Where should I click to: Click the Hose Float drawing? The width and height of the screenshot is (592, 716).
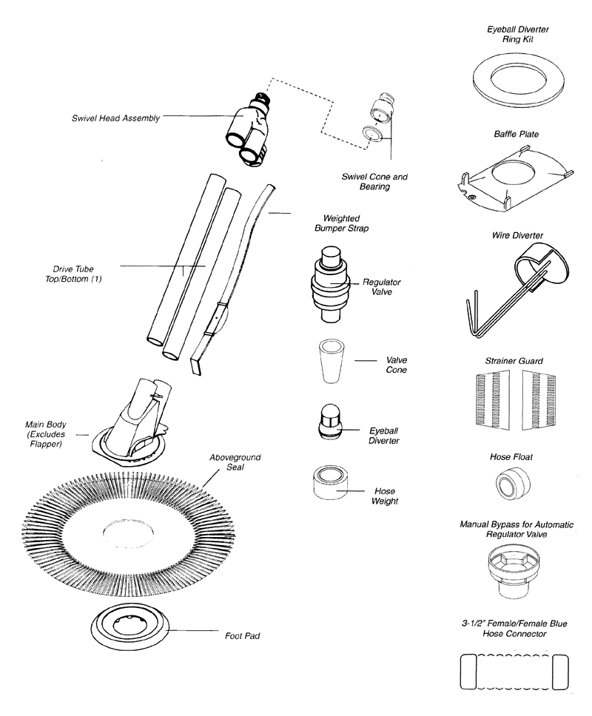tap(509, 484)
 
